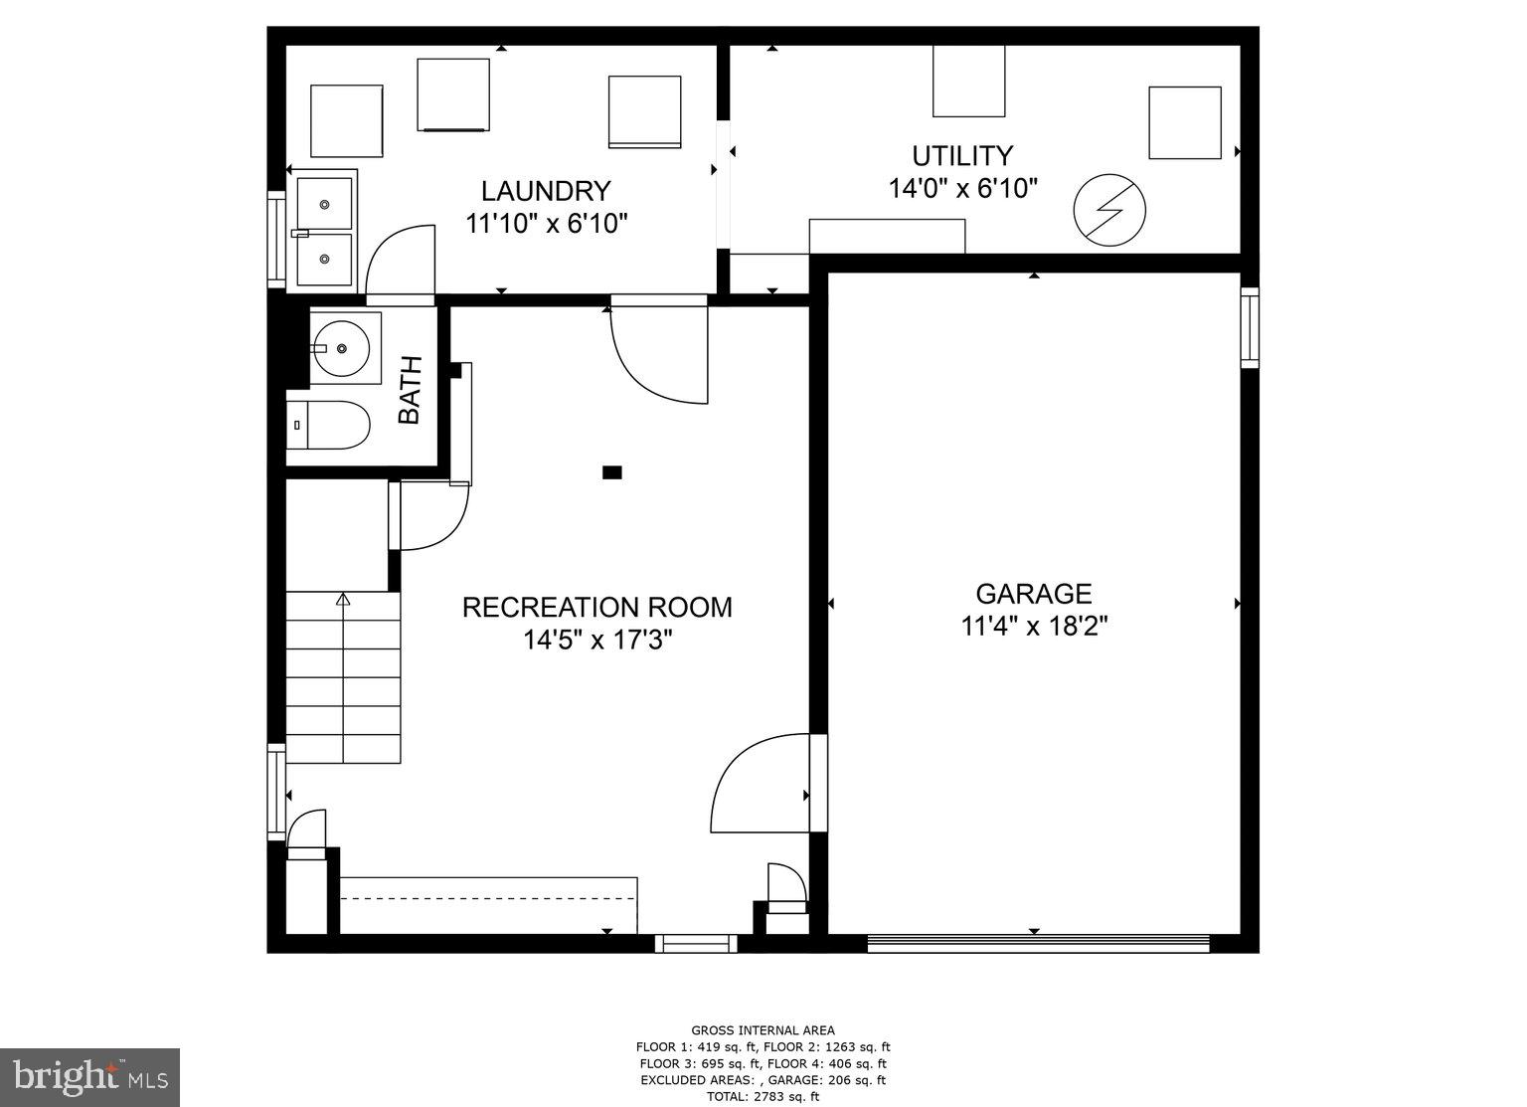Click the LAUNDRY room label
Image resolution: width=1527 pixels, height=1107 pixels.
[x=546, y=191]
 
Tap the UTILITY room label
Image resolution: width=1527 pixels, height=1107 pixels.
[x=962, y=156]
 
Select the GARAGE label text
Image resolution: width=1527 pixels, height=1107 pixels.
[x=1034, y=594]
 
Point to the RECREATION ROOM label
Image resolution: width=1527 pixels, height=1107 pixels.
[x=596, y=607]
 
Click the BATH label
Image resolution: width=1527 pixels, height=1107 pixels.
[x=411, y=390]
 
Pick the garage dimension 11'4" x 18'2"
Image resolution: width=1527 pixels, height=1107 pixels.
[x=1034, y=627]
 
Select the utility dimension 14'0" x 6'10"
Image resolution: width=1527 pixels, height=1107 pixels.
[x=962, y=188]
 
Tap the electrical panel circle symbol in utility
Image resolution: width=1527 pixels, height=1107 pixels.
[x=1109, y=211]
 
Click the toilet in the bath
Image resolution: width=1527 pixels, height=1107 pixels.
[x=329, y=425]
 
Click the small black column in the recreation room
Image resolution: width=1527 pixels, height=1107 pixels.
[x=612, y=472]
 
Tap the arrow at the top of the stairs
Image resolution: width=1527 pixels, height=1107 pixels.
[x=344, y=599]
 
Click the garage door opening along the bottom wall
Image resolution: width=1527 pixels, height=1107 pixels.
[x=1038, y=943]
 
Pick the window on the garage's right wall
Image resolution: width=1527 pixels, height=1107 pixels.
[x=1250, y=327]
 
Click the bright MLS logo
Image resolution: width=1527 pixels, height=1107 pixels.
[x=89, y=1077]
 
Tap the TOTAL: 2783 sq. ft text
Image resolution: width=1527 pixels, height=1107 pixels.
[x=763, y=1097]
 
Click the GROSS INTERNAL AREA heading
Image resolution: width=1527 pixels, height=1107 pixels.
[x=763, y=1030]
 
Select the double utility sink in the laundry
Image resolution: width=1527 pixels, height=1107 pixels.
[x=324, y=231]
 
